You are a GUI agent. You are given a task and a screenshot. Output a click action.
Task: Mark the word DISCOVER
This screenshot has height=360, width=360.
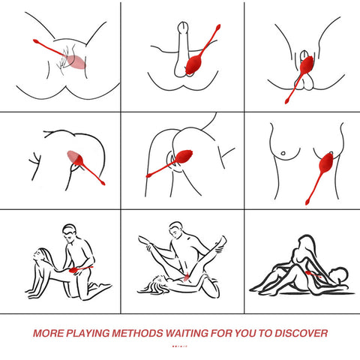tap(301, 333)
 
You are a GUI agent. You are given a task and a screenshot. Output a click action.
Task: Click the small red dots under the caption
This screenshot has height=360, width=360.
tap(179, 346)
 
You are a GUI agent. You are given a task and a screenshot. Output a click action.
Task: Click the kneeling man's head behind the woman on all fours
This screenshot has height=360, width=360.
tap(70, 232)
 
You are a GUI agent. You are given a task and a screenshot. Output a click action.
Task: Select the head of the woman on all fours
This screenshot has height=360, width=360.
tap(41, 257)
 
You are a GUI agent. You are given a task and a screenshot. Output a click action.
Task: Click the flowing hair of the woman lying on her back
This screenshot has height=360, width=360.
tap(154, 285)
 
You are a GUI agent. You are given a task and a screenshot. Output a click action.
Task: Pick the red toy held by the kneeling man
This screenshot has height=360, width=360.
tap(80, 269)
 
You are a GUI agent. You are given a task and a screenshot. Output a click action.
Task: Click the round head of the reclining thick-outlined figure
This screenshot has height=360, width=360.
tap(339, 275)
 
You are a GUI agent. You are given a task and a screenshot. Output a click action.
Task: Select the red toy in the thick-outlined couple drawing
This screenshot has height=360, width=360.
tap(313, 274)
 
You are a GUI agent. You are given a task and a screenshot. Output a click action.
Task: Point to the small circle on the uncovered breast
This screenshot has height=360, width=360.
tap(283, 153)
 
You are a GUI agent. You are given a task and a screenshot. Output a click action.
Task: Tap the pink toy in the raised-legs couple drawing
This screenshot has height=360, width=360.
tap(187, 277)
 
